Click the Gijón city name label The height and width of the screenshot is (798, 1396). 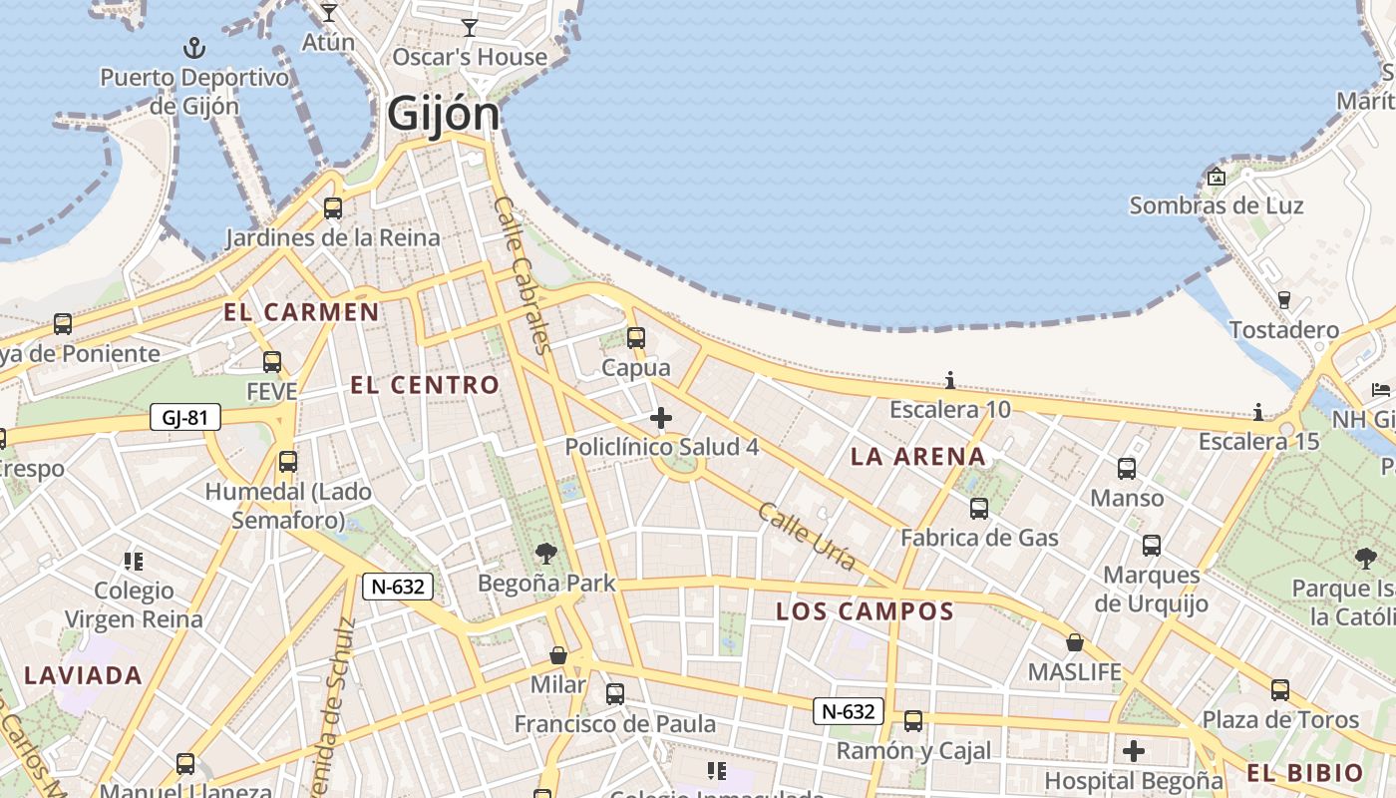(x=443, y=113)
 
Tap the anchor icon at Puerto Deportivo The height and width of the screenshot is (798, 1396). (x=194, y=47)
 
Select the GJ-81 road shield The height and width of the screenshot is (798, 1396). (x=185, y=417)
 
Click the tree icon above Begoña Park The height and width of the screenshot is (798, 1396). (x=545, y=554)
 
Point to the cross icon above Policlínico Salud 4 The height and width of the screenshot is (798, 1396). (x=660, y=418)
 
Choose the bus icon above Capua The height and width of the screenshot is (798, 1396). (x=636, y=338)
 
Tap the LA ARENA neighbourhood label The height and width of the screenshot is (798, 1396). (x=917, y=457)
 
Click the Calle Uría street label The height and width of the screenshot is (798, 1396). (x=807, y=537)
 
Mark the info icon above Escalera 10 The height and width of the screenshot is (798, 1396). (x=950, y=380)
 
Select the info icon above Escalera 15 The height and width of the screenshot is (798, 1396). (x=1258, y=412)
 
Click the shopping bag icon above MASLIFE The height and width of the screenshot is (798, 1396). (x=1075, y=642)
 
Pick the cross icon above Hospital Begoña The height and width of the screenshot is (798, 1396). (x=1134, y=750)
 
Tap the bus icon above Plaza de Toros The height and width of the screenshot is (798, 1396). (x=1280, y=690)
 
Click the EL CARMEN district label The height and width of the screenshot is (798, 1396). (x=301, y=312)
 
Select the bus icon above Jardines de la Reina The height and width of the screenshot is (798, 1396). (x=333, y=208)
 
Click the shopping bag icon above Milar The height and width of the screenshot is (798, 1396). (x=558, y=655)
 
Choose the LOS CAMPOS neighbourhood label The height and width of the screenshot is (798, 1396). (x=865, y=611)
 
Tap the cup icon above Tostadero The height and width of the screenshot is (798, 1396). (x=1284, y=299)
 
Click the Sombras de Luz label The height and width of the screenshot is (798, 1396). (x=1216, y=205)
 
